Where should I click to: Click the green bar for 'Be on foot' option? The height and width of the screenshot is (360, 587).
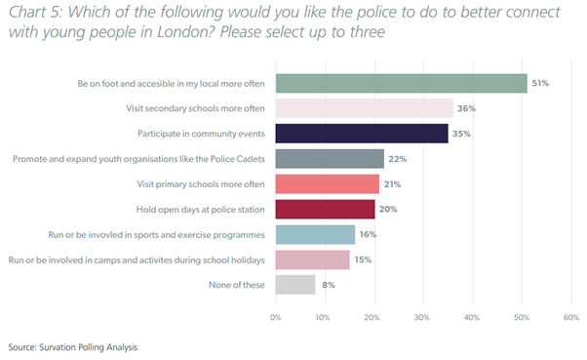tap(401, 83)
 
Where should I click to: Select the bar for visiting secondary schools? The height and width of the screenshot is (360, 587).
tap(364, 107)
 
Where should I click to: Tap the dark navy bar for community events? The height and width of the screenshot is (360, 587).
tap(362, 133)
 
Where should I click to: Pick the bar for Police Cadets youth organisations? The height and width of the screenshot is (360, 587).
tap(330, 158)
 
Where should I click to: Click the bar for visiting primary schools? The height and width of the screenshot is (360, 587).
tap(328, 183)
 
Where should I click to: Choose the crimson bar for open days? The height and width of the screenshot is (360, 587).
tap(325, 209)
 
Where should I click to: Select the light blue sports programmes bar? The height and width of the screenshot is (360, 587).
tap(315, 234)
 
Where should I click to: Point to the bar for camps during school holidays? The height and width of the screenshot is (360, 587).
tap(312, 260)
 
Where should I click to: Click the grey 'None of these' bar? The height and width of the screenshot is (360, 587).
tap(295, 285)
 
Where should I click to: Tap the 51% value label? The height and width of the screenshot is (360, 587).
tap(540, 83)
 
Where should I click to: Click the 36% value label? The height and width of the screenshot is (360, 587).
tap(466, 107)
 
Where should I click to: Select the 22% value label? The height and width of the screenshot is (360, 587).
tap(398, 158)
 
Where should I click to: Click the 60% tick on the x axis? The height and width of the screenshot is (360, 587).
tap(570, 317)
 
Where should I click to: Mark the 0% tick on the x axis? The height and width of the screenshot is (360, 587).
tap(276, 317)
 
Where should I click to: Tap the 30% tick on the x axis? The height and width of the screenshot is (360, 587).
tap(422, 317)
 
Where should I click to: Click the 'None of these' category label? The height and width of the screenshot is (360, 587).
tap(239, 285)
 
